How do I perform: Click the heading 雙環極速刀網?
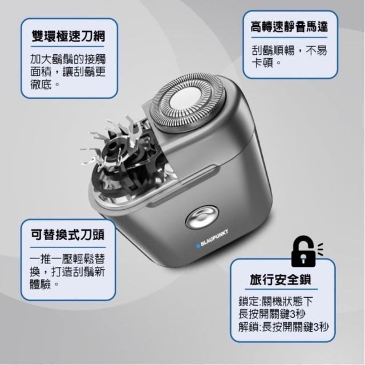click(68, 36)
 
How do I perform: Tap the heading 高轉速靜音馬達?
click(289, 27)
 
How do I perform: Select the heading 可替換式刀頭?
click(67, 235)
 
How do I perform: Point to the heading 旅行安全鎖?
click(281, 280)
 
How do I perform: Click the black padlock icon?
click(303, 252)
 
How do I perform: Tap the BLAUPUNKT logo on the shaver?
click(212, 238)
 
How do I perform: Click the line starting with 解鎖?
click(283, 327)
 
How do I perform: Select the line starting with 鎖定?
click(275, 302)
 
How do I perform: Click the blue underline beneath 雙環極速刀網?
click(67, 47)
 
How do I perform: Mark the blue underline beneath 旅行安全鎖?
click(281, 290)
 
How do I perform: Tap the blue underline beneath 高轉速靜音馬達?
click(289, 37)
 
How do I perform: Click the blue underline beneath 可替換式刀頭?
click(68, 247)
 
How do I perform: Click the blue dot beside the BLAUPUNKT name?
click(198, 245)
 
